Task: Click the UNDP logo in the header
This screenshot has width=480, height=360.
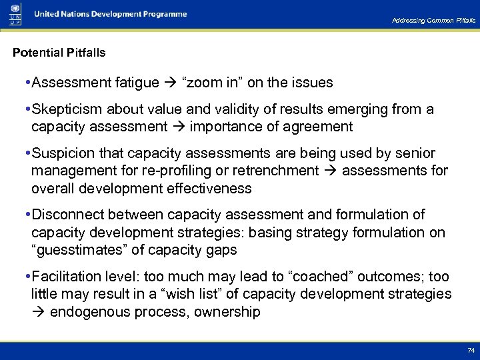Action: [15, 14]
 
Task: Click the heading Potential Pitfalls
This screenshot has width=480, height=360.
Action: [59, 52]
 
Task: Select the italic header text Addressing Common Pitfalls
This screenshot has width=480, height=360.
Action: [434, 21]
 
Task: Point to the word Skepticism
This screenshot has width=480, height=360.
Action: [65, 109]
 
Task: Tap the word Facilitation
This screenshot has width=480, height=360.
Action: [67, 277]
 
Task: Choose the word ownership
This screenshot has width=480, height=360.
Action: [227, 312]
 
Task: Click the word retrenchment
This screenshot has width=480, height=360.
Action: [274, 171]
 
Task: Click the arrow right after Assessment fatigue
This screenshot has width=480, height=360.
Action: [170, 83]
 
